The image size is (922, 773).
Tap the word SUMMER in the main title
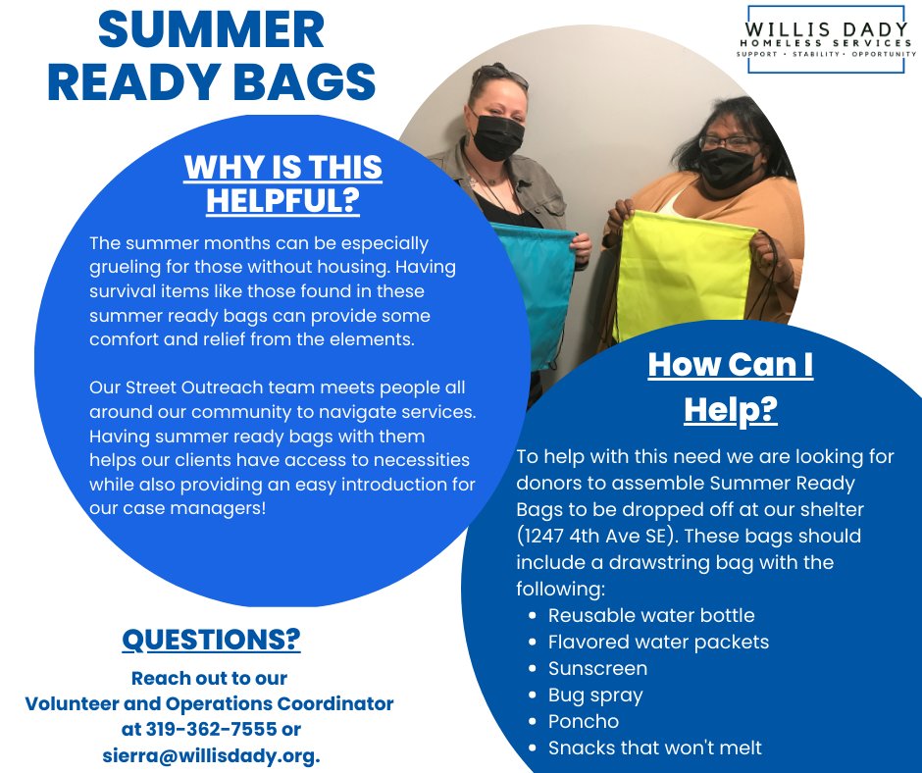click(211, 31)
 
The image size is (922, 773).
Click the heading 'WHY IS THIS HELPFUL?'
click(282, 183)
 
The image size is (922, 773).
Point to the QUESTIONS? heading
click(211, 640)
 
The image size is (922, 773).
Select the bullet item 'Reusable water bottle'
click(651, 616)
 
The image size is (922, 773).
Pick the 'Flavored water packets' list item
click(658, 643)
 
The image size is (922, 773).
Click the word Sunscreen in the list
click(597, 669)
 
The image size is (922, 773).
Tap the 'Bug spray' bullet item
click(595, 696)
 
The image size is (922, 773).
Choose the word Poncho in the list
click(584, 722)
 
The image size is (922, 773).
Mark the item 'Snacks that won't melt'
click(654, 748)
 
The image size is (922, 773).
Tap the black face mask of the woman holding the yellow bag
click(728, 167)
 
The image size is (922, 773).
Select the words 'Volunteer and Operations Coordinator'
click(209, 703)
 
